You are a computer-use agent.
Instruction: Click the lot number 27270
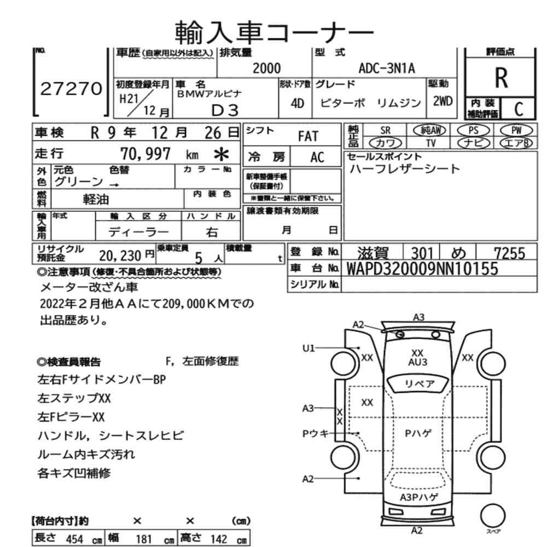[x=71, y=89]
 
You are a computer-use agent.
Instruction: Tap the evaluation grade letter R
[x=501, y=78]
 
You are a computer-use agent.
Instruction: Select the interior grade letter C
[x=519, y=109]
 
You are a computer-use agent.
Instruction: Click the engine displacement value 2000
[x=266, y=68]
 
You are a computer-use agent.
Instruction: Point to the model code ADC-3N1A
[x=387, y=68]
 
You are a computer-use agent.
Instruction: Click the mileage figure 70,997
[x=146, y=154]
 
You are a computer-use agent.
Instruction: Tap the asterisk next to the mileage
[x=221, y=154]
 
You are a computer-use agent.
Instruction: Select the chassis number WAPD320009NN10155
[x=422, y=269]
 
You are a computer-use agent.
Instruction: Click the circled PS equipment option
[x=473, y=131]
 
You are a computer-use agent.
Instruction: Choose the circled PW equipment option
[x=516, y=131]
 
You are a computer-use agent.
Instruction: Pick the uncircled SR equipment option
[x=385, y=131]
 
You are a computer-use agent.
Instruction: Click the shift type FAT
[x=308, y=136]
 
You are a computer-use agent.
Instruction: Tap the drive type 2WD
[x=443, y=101]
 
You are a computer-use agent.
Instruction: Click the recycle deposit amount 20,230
[x=120, y=255]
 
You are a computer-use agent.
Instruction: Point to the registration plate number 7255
[x=509, y=253]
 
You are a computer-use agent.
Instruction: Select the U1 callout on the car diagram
[x=309, y=348]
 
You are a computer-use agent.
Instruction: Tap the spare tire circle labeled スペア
[x=493, y=516]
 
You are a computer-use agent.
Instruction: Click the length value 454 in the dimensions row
[x=74, y=539]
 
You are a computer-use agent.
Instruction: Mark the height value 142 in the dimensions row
[x=219, y=539]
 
